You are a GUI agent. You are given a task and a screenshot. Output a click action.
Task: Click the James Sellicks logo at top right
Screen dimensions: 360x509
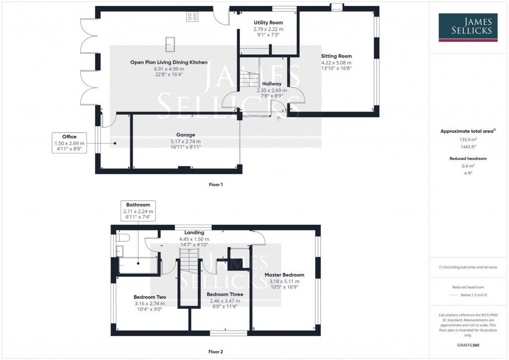pyautogui.click(x=468, y=27)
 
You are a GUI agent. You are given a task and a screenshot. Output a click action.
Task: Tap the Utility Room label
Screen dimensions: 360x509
pyautogui.click(x=268, y=23)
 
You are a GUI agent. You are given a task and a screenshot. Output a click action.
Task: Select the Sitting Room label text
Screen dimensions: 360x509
pyautogui.click(x=336, y=56)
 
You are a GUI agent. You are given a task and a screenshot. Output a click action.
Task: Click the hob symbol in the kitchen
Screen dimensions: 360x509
pyautogui.click(x=192, y=17)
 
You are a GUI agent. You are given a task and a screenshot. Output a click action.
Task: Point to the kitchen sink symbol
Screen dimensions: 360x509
pyautogui.click(x=170, y=44)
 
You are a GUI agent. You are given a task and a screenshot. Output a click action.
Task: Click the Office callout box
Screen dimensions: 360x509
pyautogui.click(x=69, y=143)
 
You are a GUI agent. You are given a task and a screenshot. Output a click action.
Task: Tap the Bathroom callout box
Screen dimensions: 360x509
pyautogui.click(x=138, y=211)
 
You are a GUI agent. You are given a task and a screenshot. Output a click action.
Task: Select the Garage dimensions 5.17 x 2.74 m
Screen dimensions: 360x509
pyautogui.click(x=185, y=142)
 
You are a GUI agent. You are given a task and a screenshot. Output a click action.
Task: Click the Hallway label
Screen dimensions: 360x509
pyautogui.click(x=272, y=84)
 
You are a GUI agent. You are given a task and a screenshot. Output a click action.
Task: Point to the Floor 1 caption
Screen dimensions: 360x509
pyautogui.click(x=216, y=184)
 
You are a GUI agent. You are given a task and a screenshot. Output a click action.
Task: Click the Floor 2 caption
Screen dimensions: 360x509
pyautogui.click(x=216, y=352)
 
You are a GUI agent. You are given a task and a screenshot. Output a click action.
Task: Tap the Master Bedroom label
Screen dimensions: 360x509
pyautogui.click(x=284, y=274)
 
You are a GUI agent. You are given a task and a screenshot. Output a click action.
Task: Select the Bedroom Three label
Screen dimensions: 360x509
pyautogui.click(x=225, y=294)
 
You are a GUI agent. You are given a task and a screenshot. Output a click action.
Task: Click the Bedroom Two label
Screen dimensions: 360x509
pyautogui.click(x=150, y=297)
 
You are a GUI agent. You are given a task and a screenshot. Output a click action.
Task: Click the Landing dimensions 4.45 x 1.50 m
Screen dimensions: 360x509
pyautogui.click(x=194, y=239)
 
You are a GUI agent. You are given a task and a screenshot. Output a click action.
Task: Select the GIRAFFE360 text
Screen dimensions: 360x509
pyautogui.click(x=469, y=345)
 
